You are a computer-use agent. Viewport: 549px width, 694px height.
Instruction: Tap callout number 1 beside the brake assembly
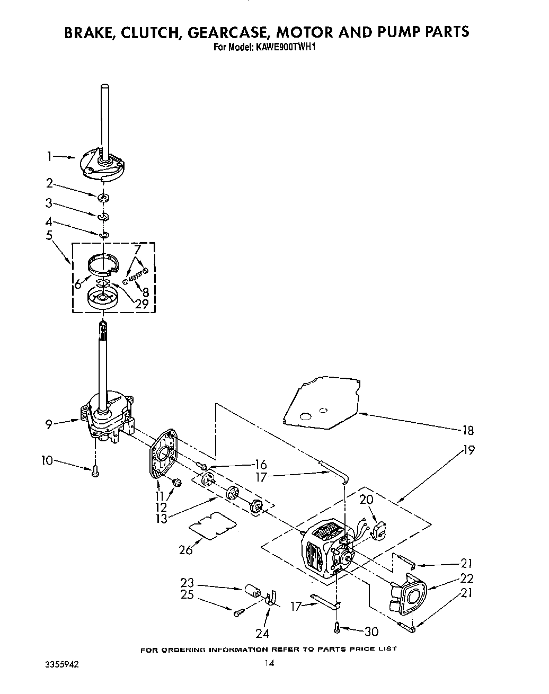(49, 156)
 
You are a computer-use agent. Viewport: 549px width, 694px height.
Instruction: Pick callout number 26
(186, 549)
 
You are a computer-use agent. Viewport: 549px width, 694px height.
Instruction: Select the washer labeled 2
(103, 198)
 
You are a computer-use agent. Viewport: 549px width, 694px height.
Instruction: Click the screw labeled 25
(238, 612)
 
